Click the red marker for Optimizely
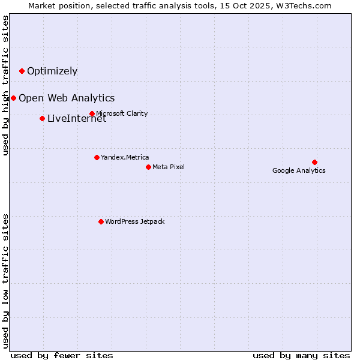[x=22, y=71]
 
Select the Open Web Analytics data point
[x=13, y=98]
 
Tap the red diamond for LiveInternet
[x=42, y=118]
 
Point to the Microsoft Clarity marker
[x=92, y=113]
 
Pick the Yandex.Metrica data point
[x=97, y=157]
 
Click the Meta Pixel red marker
[x=148, y=167]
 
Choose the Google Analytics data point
[x=314, y=162]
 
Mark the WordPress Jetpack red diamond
[x=101, y=221]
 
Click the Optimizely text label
[x=52, y=71]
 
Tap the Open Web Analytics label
[x=67, y=98]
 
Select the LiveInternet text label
[x=77, y=119]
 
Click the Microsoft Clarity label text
[x=122, y=114]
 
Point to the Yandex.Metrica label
[x=125, y=158]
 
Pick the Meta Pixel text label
[x=169, y=167]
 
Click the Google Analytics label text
[x=299, y=170]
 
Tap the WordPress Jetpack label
[x=134, y=222]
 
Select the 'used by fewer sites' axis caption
[x=62, y=355]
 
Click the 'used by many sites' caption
[x=301, y=355]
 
